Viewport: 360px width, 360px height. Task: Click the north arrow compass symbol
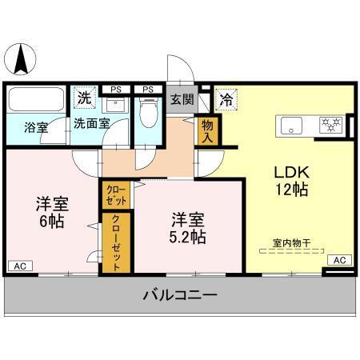22,58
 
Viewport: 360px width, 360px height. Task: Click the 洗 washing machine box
84,99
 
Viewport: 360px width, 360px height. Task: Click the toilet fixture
147,112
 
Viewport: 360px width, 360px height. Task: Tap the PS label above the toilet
147,89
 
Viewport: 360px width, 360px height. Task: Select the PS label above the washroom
116,89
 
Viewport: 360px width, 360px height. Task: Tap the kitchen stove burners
330,125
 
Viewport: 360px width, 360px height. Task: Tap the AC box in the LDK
339,260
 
